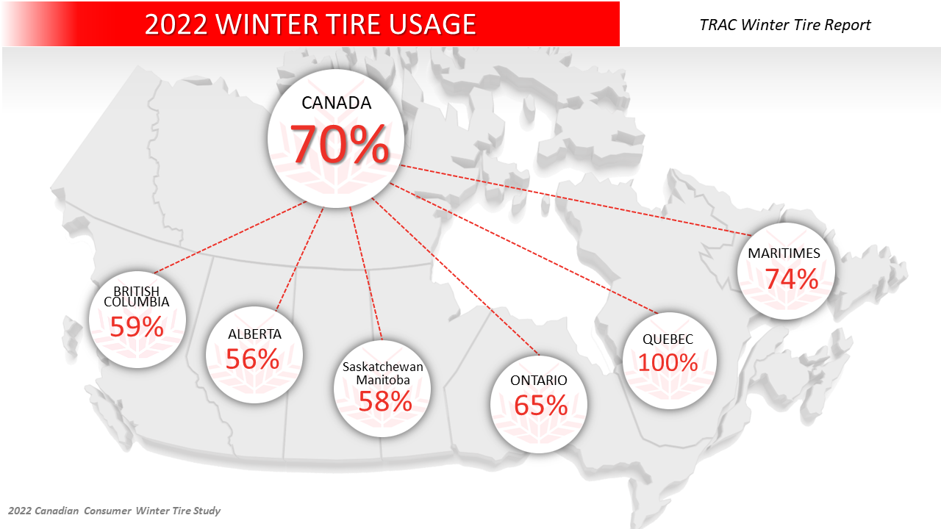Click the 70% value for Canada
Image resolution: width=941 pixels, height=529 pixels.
coord(339,144)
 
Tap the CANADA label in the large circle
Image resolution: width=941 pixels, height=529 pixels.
coord(337,103)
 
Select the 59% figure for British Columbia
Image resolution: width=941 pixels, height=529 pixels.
coord(137,326)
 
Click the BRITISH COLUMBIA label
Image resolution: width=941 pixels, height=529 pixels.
coord(137,297)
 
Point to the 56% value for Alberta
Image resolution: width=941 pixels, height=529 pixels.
coord(252,359)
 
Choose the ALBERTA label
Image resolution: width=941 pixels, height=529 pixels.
coord(254,334)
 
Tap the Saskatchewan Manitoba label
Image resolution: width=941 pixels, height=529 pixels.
coord(383,373)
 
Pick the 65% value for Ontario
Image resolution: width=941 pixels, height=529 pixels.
coord(540,405)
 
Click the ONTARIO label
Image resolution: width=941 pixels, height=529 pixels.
coord(539,381)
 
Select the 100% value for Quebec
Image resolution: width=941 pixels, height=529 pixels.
coord(668,362)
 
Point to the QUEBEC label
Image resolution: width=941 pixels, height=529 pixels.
coord(668,339)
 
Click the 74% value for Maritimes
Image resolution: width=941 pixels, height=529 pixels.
coord(791,279)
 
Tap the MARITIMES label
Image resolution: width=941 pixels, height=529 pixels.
coord(784,253)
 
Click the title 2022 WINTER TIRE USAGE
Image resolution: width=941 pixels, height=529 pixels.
coord(310,24)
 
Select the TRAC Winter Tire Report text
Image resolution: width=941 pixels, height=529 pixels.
coord(785,25)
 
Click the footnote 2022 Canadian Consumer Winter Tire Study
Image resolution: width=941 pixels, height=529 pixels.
coord(114,511)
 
